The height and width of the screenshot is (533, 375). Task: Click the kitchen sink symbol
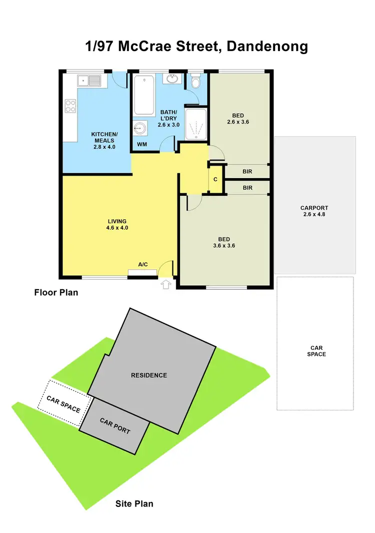[x=89, y=80]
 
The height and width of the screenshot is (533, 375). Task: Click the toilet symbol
[x=196, y=82]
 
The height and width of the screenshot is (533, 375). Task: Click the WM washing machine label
[x=142, y=145]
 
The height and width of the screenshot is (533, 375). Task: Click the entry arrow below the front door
[x=166, y=285]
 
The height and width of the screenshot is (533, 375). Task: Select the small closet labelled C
[x=215, y=179]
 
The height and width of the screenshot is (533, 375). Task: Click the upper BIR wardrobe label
[x=247, y=172]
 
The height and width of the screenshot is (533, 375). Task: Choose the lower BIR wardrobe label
[x=247, y=188]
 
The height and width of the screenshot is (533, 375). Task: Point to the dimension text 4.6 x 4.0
[x=117, y=228]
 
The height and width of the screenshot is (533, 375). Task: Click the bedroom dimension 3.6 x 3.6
[x=224, y=246]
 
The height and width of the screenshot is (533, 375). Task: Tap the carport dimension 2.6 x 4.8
[x=314, y=214]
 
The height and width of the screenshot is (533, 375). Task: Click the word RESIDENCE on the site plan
[x=149, y=375]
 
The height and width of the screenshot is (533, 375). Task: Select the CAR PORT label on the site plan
[x=115, y=426]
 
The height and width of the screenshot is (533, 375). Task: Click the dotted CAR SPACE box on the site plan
[x=63, y=403]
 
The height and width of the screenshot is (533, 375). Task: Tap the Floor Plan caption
[x=56, y=292]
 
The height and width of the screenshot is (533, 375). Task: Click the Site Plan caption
[x=134, y=503]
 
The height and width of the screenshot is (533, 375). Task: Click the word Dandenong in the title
[x=267, y=47]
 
